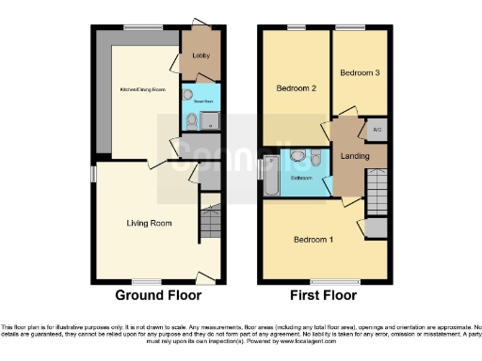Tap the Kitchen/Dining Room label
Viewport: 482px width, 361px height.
coord(143,90)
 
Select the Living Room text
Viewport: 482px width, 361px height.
coord(150,223)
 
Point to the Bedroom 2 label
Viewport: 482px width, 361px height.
coord(294,89)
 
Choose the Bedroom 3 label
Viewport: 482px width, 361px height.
coord(360,72)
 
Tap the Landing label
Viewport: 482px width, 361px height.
coord(353,156)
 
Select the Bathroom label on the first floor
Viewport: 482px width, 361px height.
coord(300,177)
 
